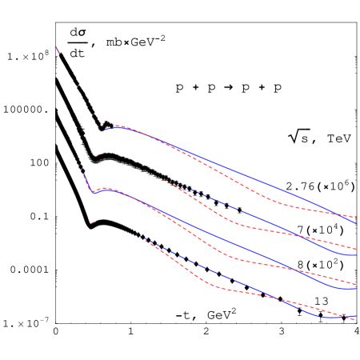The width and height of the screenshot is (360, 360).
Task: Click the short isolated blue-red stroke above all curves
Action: [x=58, y=50]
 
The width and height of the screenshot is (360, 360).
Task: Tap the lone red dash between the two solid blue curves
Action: [x=98, y=154]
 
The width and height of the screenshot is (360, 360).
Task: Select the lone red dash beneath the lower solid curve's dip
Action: [x=94, y=222]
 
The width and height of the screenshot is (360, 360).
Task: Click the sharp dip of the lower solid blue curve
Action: [x=93, y=193]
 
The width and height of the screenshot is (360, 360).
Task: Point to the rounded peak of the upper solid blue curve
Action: [x=118, y=126]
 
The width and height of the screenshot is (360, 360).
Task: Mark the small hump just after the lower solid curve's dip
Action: [x=106, y=189]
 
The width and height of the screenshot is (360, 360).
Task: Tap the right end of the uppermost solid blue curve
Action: [x=356, y=223]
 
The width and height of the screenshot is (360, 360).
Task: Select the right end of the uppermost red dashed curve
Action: [x=356, y=217]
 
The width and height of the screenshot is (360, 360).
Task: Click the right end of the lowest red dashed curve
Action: [x=356, y=318]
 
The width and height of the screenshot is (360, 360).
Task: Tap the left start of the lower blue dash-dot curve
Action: [x=140, y=236]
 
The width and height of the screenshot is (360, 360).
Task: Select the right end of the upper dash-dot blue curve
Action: [x=356, y=255]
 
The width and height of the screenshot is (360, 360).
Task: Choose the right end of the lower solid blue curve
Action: [x=356, y=288]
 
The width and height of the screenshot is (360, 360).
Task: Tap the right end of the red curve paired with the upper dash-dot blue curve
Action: [x=356, y=247]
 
